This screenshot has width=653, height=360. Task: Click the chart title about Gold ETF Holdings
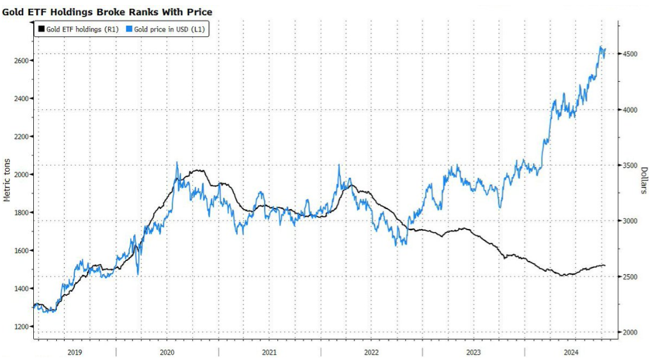107,12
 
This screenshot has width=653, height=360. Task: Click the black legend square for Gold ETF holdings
42,29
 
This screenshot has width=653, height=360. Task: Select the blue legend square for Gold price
129,29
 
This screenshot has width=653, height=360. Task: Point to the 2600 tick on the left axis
19,61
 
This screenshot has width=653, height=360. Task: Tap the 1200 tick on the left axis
19,327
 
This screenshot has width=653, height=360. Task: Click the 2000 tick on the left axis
19,175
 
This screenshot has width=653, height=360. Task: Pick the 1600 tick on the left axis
19,251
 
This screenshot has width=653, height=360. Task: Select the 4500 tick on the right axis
629,54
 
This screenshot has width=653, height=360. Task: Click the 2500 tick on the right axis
629,277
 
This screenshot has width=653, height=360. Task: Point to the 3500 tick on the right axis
629,166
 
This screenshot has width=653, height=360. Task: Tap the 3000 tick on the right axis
629,221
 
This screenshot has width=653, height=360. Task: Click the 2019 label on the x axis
74,352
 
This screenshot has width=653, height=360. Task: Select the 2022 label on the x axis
372,352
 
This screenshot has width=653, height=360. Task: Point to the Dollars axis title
645,181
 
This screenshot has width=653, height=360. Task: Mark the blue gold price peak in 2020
177,162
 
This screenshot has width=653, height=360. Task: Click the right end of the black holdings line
605,265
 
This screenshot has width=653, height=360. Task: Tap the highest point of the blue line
601,47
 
